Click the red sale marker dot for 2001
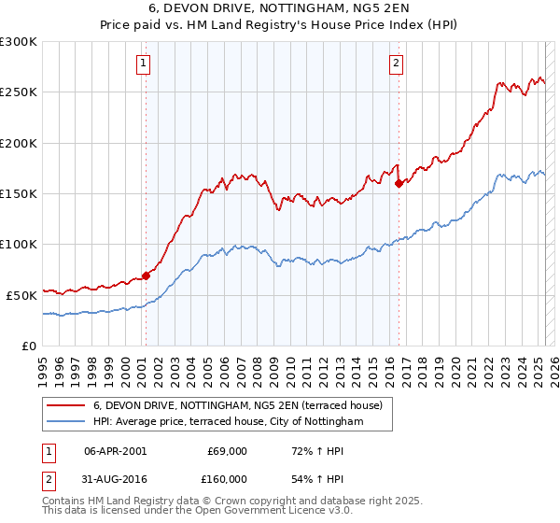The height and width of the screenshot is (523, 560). (x=146, y=276)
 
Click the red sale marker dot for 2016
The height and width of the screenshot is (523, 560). (x=399, y=183)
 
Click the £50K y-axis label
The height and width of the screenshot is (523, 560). (x=21, y=294)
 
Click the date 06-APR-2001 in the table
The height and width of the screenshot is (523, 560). (x=116, y=451)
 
